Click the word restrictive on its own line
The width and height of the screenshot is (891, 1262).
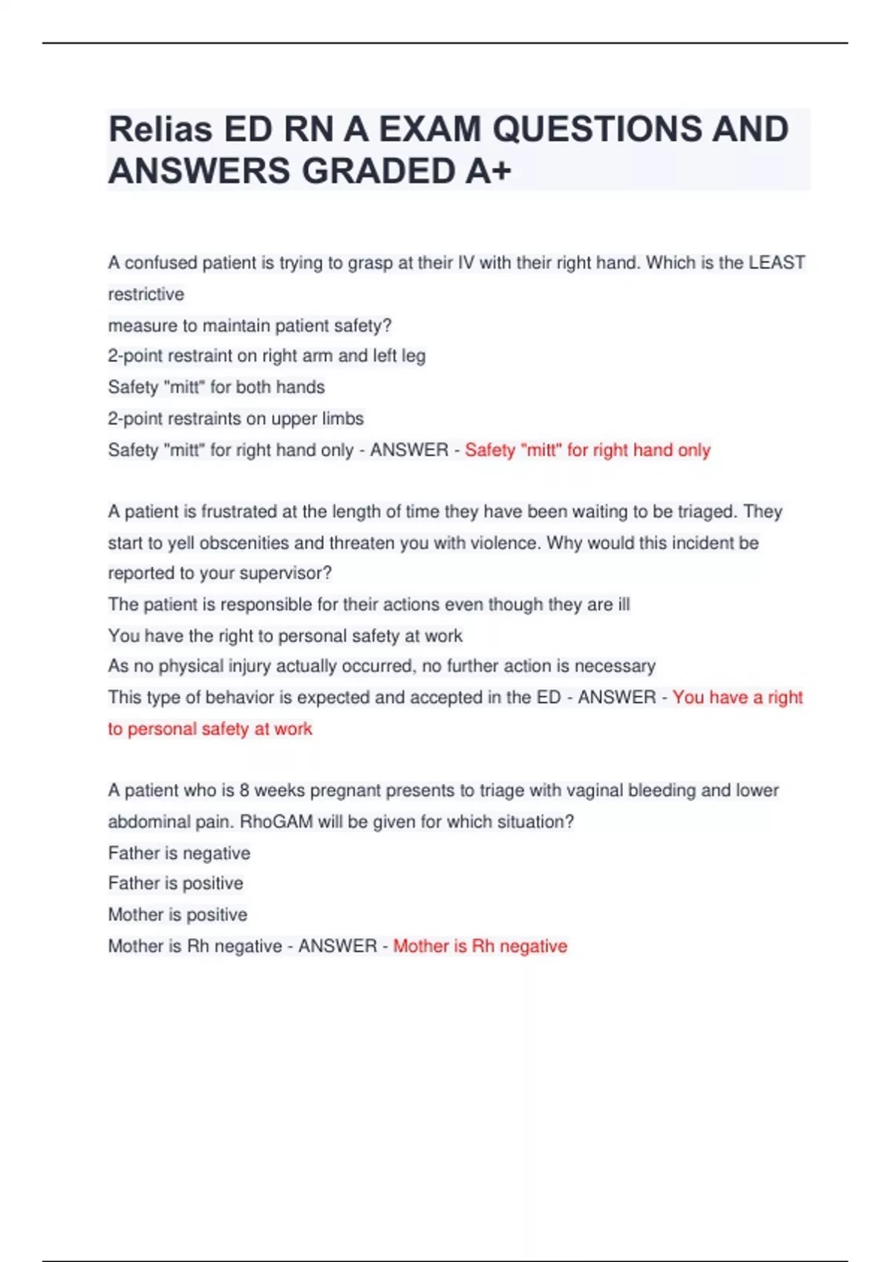(146, 294)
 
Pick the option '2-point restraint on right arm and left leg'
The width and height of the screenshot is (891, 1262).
(267, 356)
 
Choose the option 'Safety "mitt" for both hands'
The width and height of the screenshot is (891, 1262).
(216, 387)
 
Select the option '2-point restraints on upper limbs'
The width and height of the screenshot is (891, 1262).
(235, 419)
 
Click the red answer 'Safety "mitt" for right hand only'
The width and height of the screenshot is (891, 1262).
(587, 450)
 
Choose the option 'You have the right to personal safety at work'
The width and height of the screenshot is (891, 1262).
(285, 635)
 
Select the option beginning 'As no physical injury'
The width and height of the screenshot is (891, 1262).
(382, 666)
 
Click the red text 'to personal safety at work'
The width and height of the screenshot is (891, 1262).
(210, 729)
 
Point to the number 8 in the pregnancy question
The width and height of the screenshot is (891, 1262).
(244, 790)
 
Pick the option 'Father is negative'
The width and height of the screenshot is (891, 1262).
(179, 853)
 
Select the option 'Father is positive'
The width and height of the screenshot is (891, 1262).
(175, 883)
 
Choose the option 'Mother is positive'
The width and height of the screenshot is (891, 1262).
(177, 915)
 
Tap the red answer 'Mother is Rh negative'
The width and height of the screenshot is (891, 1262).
(480, 946)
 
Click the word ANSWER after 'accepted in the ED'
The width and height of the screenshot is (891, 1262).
(616, 697)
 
